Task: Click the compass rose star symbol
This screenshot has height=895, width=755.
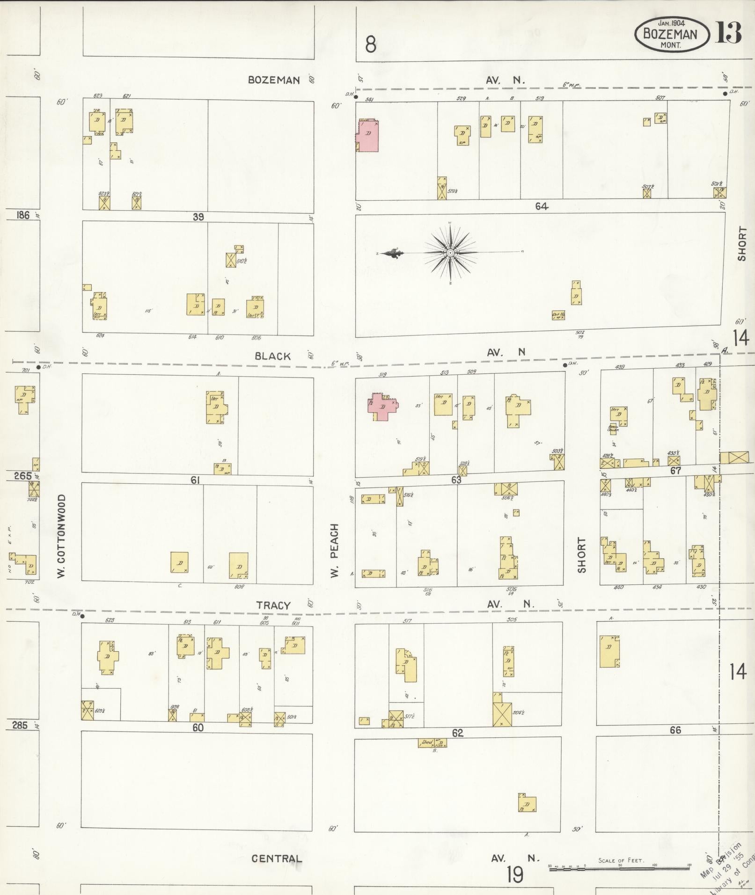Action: coord(450,253)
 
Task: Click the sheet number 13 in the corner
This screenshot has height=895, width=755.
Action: coord(728,33)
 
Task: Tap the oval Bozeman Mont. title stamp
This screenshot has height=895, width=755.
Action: coord(671,34)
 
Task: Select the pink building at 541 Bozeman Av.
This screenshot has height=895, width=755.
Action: coord(368,135)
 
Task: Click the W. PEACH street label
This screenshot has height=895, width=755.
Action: coord(334,550)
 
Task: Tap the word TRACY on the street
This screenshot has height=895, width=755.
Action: coord(273,605)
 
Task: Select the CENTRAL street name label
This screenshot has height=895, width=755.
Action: coord(277,859)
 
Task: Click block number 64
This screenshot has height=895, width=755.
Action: coord(542,206)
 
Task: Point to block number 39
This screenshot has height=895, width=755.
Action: coord(198,217)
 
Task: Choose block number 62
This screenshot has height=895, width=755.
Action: coord(457,733)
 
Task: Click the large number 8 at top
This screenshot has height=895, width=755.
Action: coord(371,45)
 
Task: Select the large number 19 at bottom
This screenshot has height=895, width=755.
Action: coord(515,874)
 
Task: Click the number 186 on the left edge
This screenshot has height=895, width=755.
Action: coord(22,215)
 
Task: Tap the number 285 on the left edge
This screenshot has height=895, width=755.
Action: coord(20,725)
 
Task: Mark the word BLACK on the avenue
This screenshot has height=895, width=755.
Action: coord(273,357)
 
